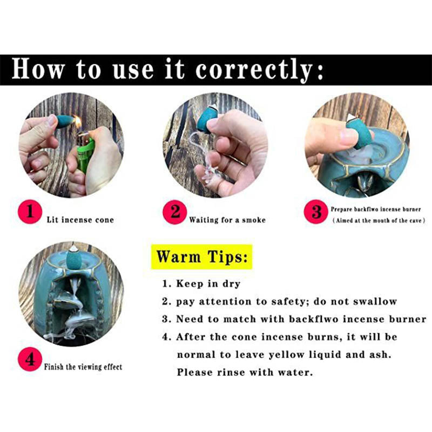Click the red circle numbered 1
pyautogui.click(x=30, y=212)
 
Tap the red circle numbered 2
pyautogui.click(x=174, y=212)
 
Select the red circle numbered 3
pyautogui.click(x=316, y=212)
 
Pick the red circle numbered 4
pyautogui.click(x=30, y=359)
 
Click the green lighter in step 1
pyautogui.click(x=85, y=154)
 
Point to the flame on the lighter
pyautogui.click(x=77, y=123)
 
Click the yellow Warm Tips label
pyautogui.click(x=201, y=257)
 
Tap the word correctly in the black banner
pyautogui.click(x=253, y=70)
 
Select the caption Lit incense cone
pyautogui.click(x=80, y=220)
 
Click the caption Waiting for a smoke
pyautogui.click(x=227, y=220)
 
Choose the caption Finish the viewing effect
pyautogui.click(x=83, y=367)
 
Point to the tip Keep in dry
pyautogui.click(x=201, y=284)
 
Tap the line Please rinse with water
pyautogui.click(x=245, y=372)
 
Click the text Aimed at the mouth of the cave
pyautogui.click(x=379, y=220)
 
